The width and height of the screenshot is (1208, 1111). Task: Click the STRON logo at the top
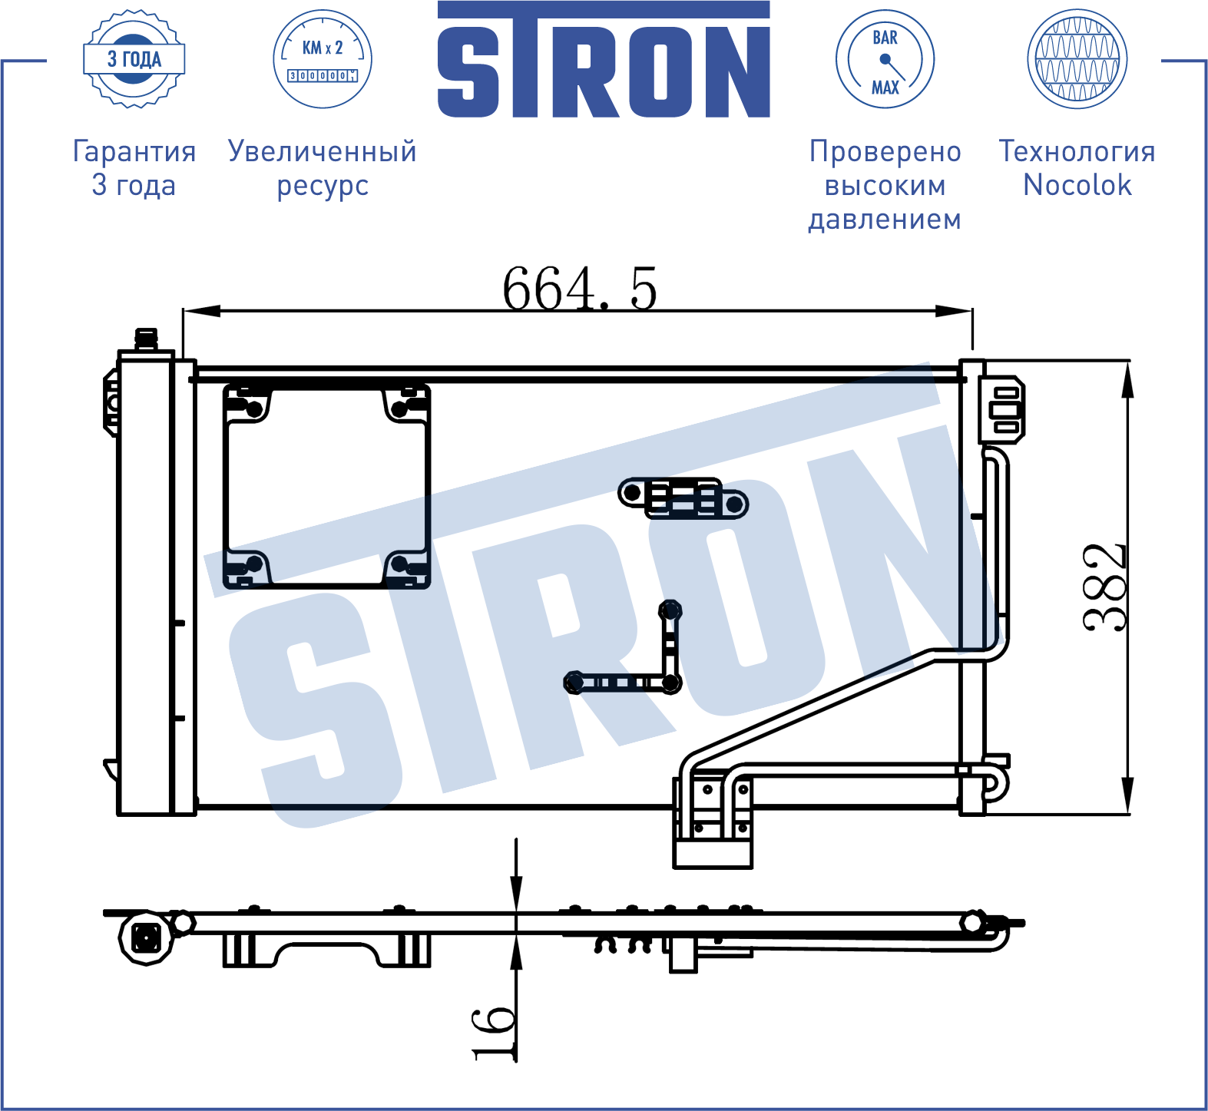[x=604, y=60]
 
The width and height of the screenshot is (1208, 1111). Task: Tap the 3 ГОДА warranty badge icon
[x=134, y=59]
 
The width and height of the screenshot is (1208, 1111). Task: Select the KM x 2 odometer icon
[x=323, y=59]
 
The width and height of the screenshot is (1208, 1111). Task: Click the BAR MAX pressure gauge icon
[x=885, y=59]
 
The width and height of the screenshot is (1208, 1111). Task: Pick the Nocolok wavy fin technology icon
[x=1077, y=59]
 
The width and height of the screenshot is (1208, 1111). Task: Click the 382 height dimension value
[x=1105, y=587]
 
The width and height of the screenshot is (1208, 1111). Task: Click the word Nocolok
[x=1077, y=185]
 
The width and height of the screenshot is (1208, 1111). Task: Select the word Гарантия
[x=134, y=151]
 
